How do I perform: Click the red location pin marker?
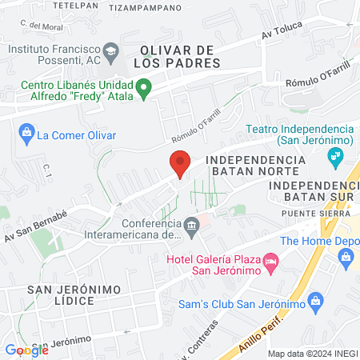[x=180, y=163]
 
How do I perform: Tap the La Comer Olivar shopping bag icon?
[x=26, y=131]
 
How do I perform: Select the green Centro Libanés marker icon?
[x=144, y=88]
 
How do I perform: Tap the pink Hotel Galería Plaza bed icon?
[x=271, y=262]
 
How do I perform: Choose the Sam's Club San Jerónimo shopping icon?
[x=315, y=302]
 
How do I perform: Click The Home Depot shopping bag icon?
[x=346, y=256]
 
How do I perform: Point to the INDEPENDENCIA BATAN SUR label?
[x=312, y=190]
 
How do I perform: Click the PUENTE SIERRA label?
[x=309, y=214]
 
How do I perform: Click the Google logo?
[x=26, y=350]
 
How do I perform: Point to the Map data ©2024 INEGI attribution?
[x=313, y=354]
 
